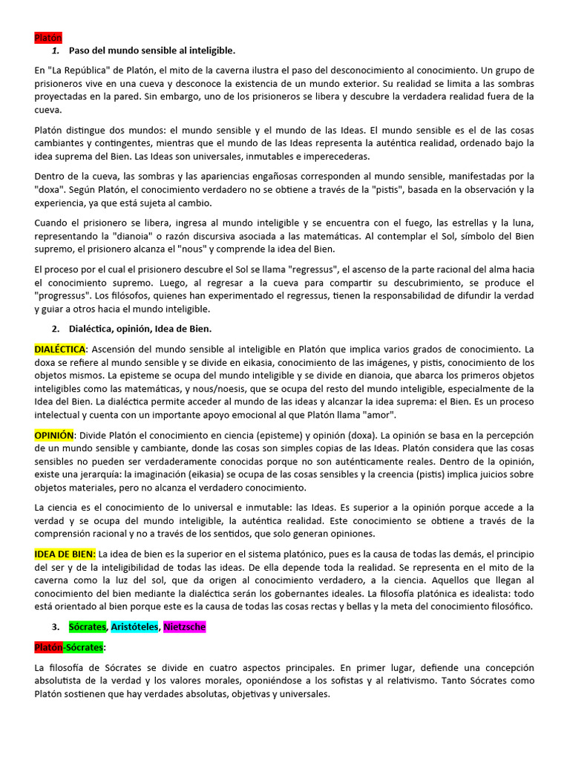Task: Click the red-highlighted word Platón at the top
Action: pos(48,37)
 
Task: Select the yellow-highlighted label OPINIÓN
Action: pos(54,435)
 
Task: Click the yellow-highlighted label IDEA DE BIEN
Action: pos(65,554)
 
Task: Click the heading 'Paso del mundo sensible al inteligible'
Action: pos(151,50)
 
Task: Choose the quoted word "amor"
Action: pos(379,414)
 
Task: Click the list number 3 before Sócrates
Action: pos(56,627)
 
